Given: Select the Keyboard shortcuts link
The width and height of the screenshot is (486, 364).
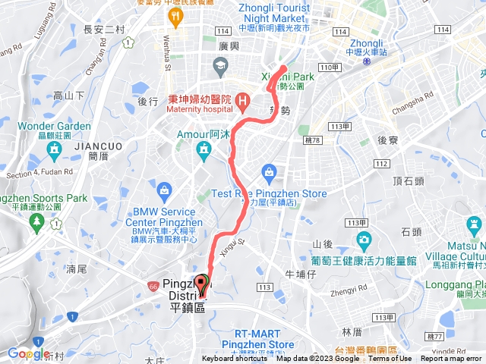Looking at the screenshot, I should [235, 359].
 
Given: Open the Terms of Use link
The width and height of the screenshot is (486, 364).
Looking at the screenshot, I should [390, 359].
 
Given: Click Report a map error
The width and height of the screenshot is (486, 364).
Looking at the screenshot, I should [452, 359].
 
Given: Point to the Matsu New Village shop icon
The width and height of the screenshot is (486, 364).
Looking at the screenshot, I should [473, 225].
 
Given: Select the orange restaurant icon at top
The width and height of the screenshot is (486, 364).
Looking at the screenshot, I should [177, 16].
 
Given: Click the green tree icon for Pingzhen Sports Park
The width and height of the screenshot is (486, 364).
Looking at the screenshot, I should [36, 221].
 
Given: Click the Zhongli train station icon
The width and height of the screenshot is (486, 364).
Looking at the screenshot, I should [367, 60].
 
